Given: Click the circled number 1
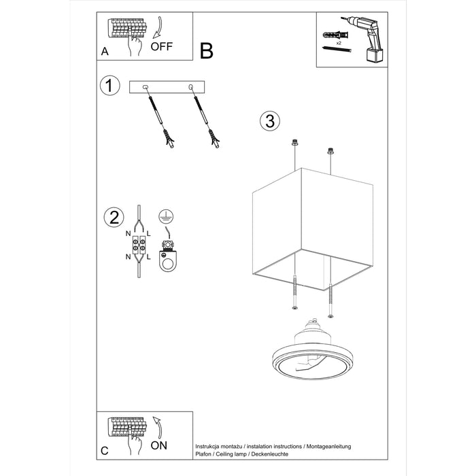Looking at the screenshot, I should tap(109, 86).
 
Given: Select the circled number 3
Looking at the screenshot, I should tap(269, 121).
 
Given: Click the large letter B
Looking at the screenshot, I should tap(207, 50).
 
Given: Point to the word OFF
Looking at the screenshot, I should tap(162, 47).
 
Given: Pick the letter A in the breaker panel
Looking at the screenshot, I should tap(104, 52).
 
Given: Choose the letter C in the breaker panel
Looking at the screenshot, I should tap(104, 450).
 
